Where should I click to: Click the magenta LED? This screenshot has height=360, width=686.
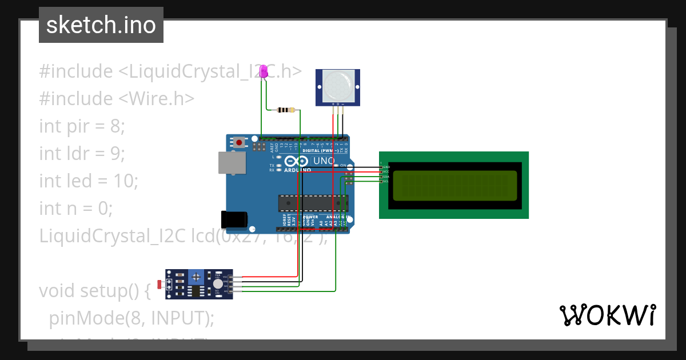[264, 71]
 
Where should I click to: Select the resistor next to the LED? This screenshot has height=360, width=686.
[285, 110]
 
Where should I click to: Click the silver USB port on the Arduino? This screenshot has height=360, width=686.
[232, 162]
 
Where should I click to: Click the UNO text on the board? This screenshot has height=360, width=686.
[324, 161]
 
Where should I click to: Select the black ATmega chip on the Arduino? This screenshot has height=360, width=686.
[313, 203]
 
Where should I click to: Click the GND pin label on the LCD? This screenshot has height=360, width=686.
[386, 167]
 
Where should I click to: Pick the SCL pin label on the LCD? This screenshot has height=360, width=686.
[386, 181]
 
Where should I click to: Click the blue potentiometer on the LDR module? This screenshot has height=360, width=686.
[197, 277]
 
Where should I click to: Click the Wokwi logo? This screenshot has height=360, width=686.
[607, 315]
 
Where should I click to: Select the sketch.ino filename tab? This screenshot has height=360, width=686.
[101, 25]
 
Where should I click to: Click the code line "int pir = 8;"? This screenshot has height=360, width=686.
[82, 126]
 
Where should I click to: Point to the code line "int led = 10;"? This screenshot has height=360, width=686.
[89, 181]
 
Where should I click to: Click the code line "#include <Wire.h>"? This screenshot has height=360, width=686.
[117, 98]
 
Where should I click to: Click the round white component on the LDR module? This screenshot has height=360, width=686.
[217, 284]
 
